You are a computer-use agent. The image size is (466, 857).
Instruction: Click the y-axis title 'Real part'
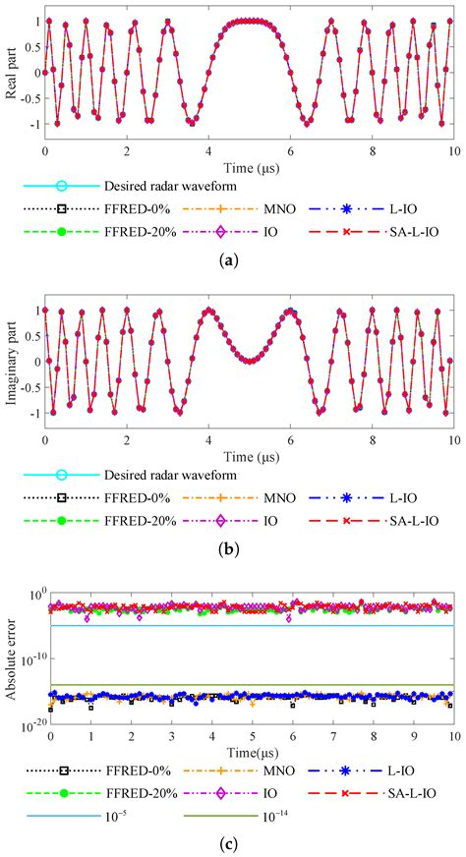tap(11, 74)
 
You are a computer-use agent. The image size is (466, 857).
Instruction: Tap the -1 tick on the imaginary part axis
tap(34, 414)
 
